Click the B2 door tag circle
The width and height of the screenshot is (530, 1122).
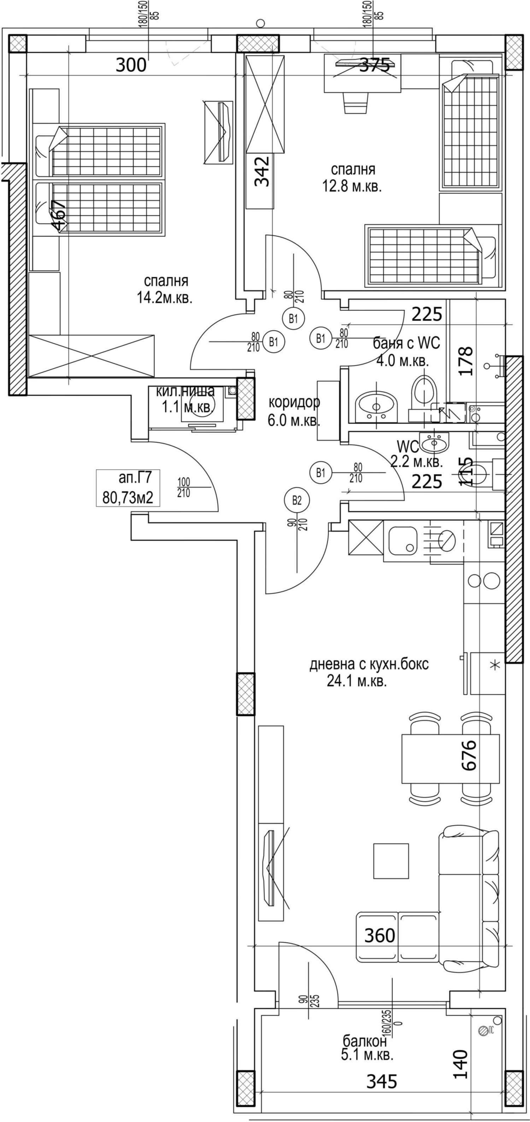tap(296, 500)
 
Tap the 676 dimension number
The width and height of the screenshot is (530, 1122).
tap(469, 756)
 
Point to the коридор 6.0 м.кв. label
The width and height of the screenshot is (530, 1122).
tap(294, 411)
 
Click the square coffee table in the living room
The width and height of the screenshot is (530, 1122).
tap(391, 860)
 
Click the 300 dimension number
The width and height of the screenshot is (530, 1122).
tap(131, 65)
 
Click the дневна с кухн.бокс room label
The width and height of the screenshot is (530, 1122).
tap(369, 672)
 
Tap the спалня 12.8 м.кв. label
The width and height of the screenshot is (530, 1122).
tap(352, 178)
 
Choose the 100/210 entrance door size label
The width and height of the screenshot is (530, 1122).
tap(184, 488)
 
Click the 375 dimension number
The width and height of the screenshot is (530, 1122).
tap(375, 65)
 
